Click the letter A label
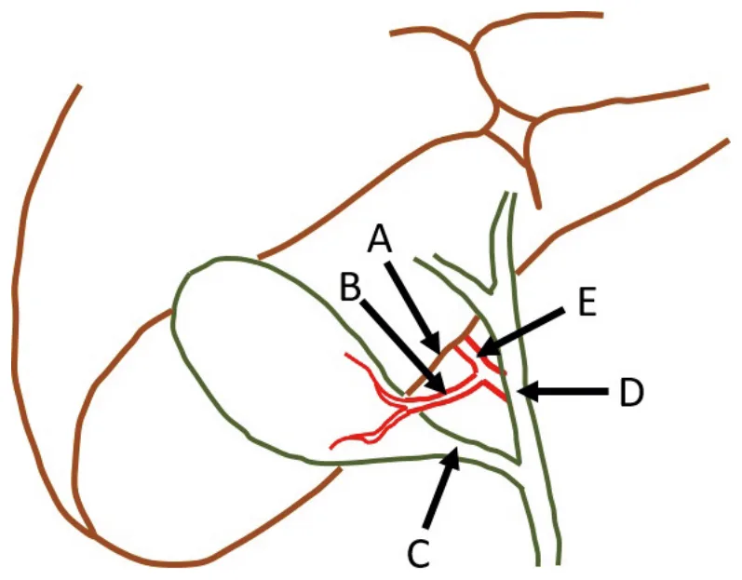pyautogui.click(x=381, y=239)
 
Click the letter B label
pyautogui.click(x=351, y=287)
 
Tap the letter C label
pyautogui.click(x=419, y=553)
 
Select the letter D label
pyautogui.click(x=632, y=392)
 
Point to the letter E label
pyautogui.click(x=587, y=303)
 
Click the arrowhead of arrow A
pyautogui.click(x=434, y=341)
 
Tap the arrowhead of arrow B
pyautogui.click(x=436, y=384)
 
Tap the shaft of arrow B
pyautogui.click(x=397, y=339)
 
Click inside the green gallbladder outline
pyautogui.click(x=265, y=359)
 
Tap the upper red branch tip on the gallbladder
pyautogui.click(x=347, y=355)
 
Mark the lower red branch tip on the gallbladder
pyautogui.click(x=331, y=447)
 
